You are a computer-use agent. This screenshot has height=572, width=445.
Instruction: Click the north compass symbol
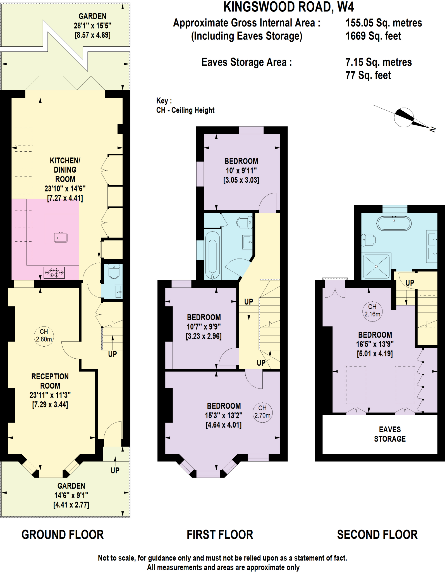pos(404,118)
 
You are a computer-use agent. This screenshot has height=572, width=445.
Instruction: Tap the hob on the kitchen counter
pos(54,273)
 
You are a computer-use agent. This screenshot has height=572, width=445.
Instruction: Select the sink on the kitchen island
pos(61,237)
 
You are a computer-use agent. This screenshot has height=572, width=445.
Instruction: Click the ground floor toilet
pos(114,271)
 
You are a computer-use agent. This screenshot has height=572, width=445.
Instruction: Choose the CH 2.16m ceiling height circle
pos(372,311)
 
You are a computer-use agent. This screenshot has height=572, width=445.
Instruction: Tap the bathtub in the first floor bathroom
pos(213,255)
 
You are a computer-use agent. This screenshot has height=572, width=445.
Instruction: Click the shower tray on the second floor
pos(376,266)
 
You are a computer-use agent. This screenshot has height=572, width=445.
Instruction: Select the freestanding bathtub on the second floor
pos(394,223)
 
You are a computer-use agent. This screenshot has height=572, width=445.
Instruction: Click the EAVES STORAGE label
pos(390,434)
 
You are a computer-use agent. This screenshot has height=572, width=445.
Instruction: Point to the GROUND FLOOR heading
pos(63,535)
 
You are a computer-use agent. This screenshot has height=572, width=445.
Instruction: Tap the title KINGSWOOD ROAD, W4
pos(289,7)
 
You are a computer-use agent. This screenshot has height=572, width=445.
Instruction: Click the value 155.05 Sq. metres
pos(384,23)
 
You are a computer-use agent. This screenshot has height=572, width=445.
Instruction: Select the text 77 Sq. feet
pos(368,75)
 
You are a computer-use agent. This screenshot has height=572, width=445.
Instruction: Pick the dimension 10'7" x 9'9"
pos(204,326)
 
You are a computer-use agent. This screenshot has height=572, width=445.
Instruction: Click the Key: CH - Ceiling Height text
pos(185,105)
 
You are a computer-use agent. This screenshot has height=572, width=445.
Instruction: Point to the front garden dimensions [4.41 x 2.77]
pos(71,505)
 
